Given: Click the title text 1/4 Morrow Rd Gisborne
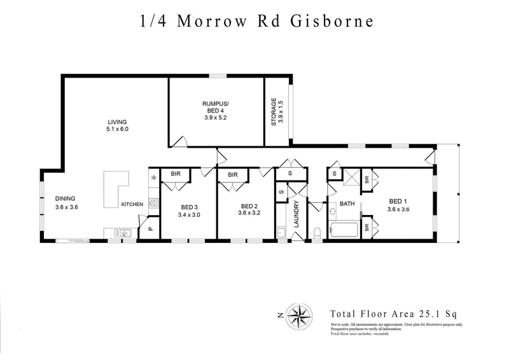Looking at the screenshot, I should point(256,22).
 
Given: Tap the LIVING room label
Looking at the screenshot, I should point(117,121).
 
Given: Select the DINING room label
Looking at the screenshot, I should point(66,198).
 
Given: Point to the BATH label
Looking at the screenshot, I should point(347,204).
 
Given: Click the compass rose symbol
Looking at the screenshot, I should point(298,314).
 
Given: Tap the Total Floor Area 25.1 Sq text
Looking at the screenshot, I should point(394,314).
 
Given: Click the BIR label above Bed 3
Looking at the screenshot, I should point(174,174).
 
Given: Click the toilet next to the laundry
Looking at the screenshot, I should point(318,232).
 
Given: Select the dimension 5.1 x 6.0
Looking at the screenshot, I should point(117,129).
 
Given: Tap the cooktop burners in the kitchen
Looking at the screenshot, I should point(154,204).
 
